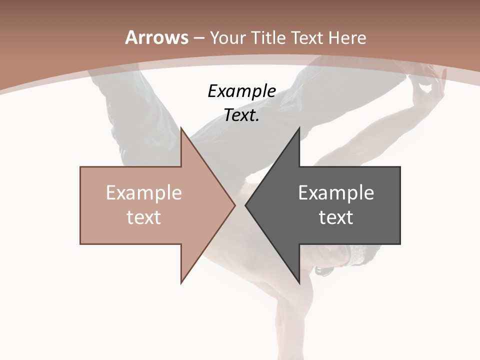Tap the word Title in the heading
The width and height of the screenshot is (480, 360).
(270, 37)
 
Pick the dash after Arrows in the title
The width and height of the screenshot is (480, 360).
(198, 38)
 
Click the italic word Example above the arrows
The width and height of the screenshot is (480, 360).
(242, 91)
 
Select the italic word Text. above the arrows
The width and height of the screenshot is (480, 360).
(242, 115)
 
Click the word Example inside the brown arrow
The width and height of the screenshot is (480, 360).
(144, 192)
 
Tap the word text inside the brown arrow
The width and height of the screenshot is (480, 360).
(144, 217)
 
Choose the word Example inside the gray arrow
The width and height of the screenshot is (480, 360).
(336, 192)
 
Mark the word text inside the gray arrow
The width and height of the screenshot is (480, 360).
(336, 217)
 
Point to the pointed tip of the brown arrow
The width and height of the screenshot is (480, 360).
(234, 205)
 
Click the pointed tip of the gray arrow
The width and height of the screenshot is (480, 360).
(245, 205)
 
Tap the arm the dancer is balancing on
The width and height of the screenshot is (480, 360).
(290, 320)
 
